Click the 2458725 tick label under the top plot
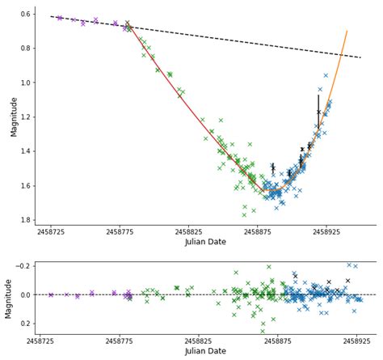point(51,232)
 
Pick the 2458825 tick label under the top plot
point(188,232)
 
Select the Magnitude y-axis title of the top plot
point(10,116)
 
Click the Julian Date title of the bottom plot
point(205,352)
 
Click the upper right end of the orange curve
point(347,31)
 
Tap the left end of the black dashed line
point(50,16)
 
